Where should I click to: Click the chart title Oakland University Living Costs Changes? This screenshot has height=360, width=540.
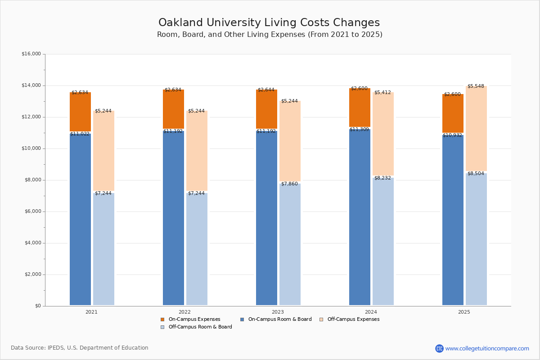coord(269,23)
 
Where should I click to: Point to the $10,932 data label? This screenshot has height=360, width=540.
coord(452,135)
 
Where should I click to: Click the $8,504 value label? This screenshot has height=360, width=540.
coord(476,173)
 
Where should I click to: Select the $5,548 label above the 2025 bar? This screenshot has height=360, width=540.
coord(476,86)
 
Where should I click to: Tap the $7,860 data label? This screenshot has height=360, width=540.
coord(289,184)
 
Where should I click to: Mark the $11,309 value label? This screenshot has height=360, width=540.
coord(359,130)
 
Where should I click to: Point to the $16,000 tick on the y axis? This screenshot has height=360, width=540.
coord(31,54)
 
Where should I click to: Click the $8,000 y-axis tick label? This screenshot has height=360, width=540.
coord(32,180)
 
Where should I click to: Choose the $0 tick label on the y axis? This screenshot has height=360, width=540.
coord(37,306)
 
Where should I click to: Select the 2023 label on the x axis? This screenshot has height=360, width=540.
coord(278,312)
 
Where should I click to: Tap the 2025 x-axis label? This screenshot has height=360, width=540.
coord(464,312)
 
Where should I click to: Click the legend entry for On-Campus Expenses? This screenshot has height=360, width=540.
coord(194,319)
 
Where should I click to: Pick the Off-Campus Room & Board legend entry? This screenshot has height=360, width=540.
coord(200,327)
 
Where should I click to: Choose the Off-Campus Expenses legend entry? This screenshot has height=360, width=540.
coord(353,319)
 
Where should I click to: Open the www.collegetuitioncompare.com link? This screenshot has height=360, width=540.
coord(487,348)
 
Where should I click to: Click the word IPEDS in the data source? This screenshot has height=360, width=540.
coord(55,348)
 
